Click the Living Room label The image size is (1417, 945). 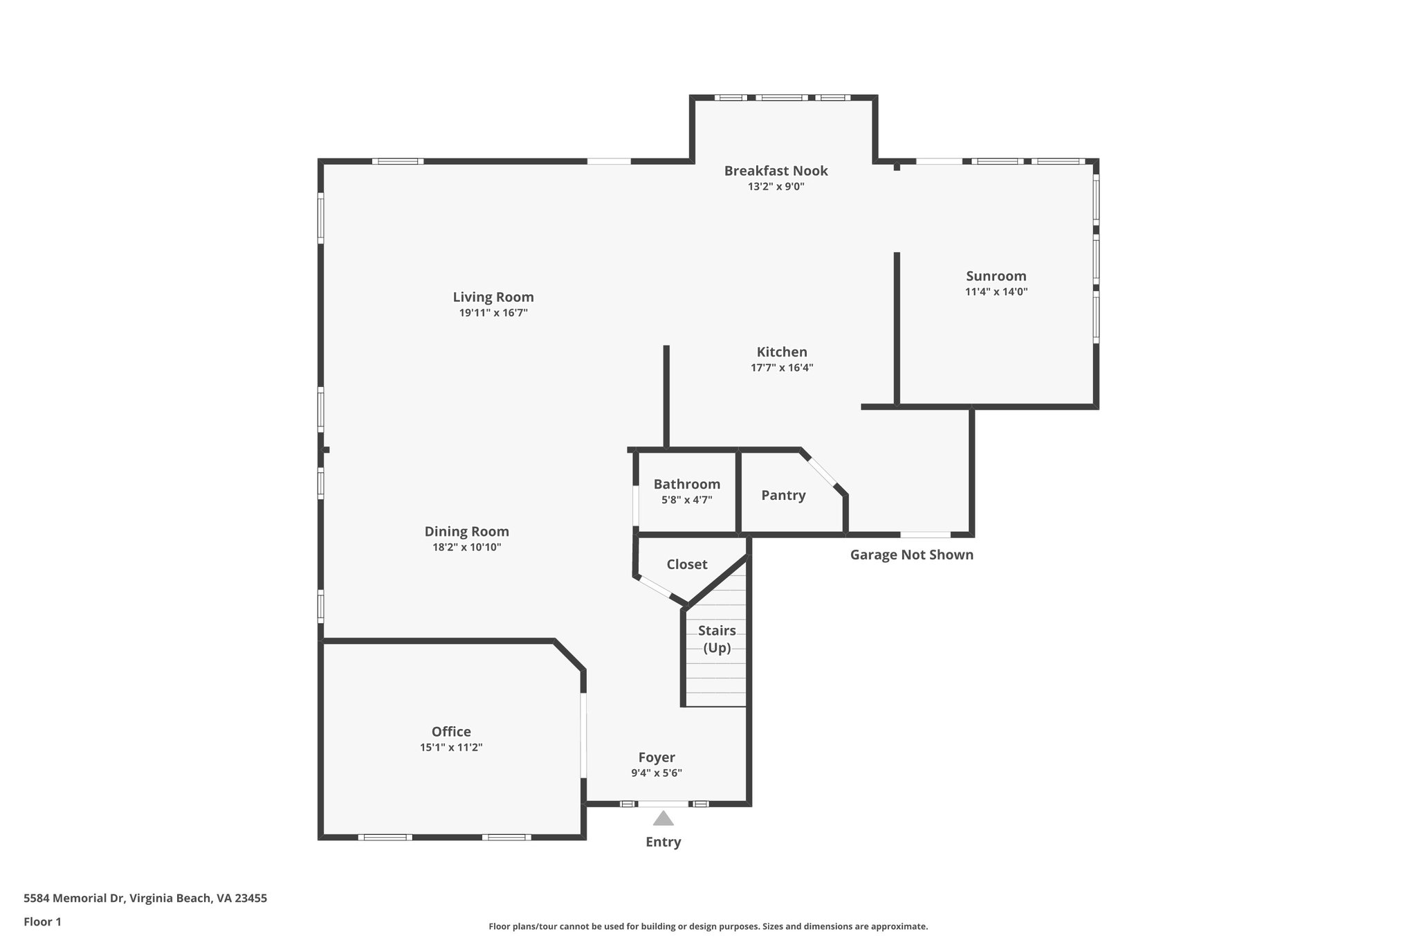(493, 297)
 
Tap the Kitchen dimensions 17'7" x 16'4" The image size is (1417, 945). (782, 368)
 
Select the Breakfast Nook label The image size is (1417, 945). (776, 170)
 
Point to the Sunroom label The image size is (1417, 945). (996, 276)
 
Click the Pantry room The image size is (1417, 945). (783, 495)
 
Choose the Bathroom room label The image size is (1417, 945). (686, 484)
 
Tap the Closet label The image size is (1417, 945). (686, 564)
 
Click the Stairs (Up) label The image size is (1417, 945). (717, 639)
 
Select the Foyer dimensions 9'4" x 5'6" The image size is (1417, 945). (656, 773)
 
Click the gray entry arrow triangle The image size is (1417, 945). (663, 819)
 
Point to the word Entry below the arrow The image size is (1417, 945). (663, 842)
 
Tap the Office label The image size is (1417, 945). (451, 732)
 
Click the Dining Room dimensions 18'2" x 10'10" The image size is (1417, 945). (466, 548)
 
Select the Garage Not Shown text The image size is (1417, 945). (911, 555)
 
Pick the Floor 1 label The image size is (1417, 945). (42, 921)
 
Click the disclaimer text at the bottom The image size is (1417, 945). (708, 926)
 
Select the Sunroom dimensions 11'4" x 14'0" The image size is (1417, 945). (996, 292)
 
